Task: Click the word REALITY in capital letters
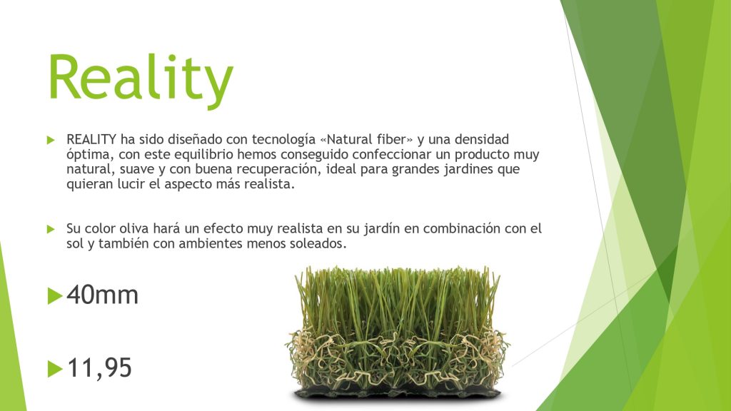tap(91, 139)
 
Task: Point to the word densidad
tap(482, 139)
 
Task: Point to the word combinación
tap(463, 229)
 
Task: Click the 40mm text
tap(103, 295)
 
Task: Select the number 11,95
tap(100, 368)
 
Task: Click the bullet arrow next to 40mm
tap(54, 296)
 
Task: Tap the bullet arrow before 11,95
tap(54, 369)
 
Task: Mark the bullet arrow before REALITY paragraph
tap(51, 140)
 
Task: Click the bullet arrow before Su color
tap(51, 229)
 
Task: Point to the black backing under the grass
tap(398, 394)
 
